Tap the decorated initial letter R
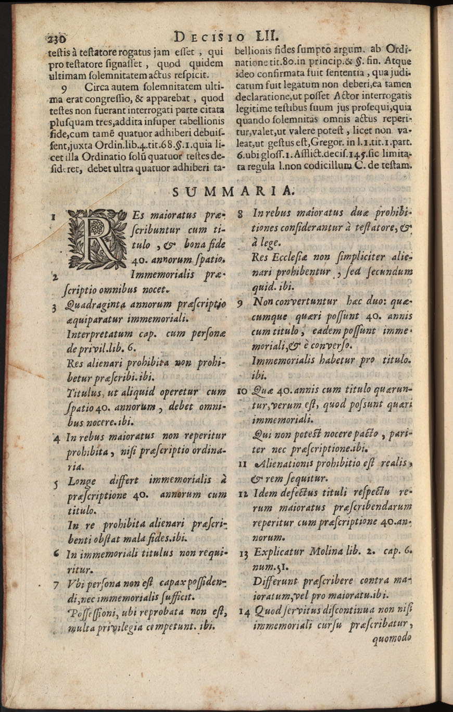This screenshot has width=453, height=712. point(98,236)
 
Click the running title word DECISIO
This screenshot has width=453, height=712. point(207,38)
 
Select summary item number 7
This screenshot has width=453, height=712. point(55,585)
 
